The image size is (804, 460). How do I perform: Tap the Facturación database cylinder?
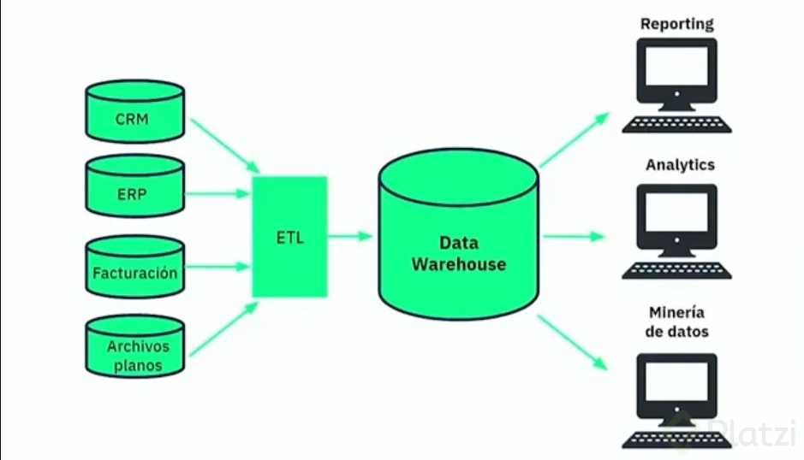(x=134, y=269)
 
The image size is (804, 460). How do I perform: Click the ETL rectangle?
(x=289, y=237)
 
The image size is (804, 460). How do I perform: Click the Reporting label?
(x=676, y=24)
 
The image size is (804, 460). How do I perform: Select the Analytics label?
(x=680, y=164)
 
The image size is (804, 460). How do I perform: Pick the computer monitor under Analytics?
(x=676, y=218)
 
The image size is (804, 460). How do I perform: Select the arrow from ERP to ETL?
(x=218, y=193)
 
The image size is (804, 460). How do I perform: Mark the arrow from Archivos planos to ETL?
(x=223, y=329)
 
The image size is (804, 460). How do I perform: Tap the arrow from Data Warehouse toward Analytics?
(x=574, y=237)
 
